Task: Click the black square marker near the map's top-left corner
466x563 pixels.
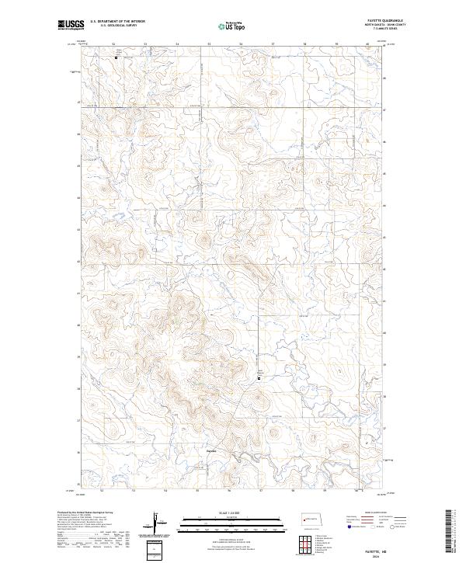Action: (x=116, y=57)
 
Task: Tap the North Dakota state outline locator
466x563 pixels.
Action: (x=314, y=518)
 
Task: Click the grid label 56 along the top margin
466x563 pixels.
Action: (x=241, y=44)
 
